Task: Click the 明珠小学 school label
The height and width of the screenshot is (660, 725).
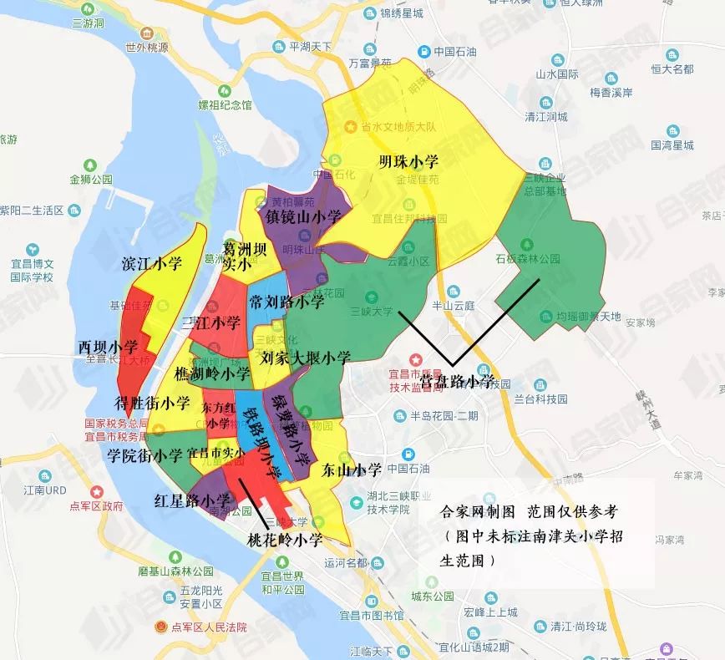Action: pyautogui.click(x=408, y=160)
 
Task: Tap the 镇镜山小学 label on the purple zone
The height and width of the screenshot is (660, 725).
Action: pyautogui.click(x=304, y=216)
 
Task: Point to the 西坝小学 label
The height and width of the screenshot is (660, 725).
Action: pyautogui.click(x=109, y=346)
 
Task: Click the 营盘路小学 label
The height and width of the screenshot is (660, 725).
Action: pyautogui.click(x=459, y=380)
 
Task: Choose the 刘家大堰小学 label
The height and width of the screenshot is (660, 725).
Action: pyautogui.click(x=306, y=358)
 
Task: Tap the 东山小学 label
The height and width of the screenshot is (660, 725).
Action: pyautogui.click(x=352, y=469)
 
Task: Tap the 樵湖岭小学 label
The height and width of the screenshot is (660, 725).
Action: pyautogui.click(x=213, y=373)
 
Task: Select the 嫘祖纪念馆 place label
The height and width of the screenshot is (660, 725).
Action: pyautogui.click(x=224, y=105)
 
